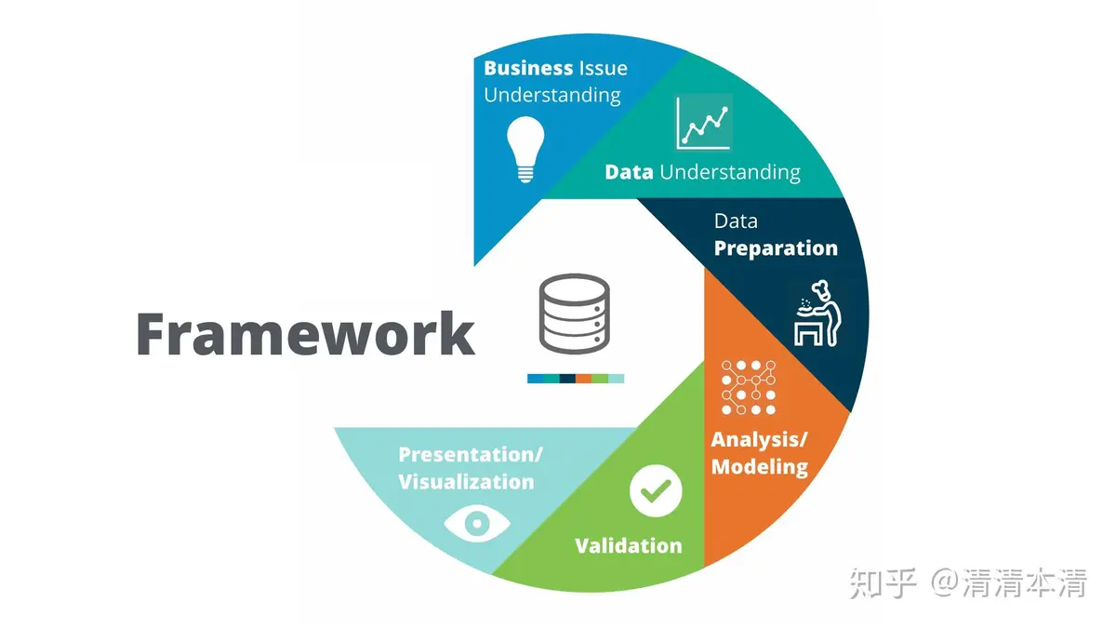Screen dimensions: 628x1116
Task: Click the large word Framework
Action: click(x=305, y=333)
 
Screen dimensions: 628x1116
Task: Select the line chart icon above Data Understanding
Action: click(x=703, y=122)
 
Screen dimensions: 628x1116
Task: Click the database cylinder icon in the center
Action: click(x=574, y=314)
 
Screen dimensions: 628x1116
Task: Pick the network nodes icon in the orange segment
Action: click(x=749, y=386)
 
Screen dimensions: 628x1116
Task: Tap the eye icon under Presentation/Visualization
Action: click(x=476, y=524)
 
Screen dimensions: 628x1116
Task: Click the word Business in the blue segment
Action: click(x=528, y=68)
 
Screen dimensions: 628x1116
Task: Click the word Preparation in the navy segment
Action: click(x=776, y=248)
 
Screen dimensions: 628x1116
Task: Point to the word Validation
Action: click(x=628, y=545)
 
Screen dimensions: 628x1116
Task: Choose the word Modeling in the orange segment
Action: click(x=760, y=466)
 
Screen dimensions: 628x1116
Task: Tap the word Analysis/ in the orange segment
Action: click(x=760, y=438)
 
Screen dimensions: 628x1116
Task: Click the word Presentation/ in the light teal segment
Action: click(x=471, y=454)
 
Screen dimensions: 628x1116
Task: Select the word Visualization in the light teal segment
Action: click(x=466, y=482)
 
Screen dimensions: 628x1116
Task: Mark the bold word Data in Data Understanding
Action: click(x=629, y=172)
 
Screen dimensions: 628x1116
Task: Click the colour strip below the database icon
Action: click(x=576, y=379)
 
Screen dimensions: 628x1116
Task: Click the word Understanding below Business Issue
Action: click(x=552, y=95)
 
